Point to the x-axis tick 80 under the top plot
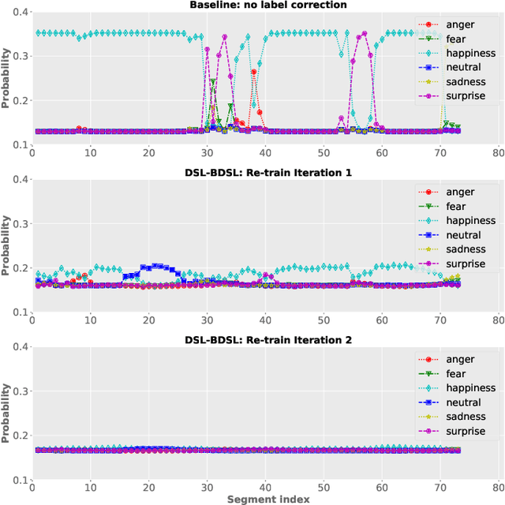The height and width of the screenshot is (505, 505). click(498, 152)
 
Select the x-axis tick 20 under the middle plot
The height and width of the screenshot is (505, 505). click(148, 320)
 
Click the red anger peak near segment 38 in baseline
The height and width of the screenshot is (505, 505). click(254, 72)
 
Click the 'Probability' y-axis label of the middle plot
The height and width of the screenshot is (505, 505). click(6, 245)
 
